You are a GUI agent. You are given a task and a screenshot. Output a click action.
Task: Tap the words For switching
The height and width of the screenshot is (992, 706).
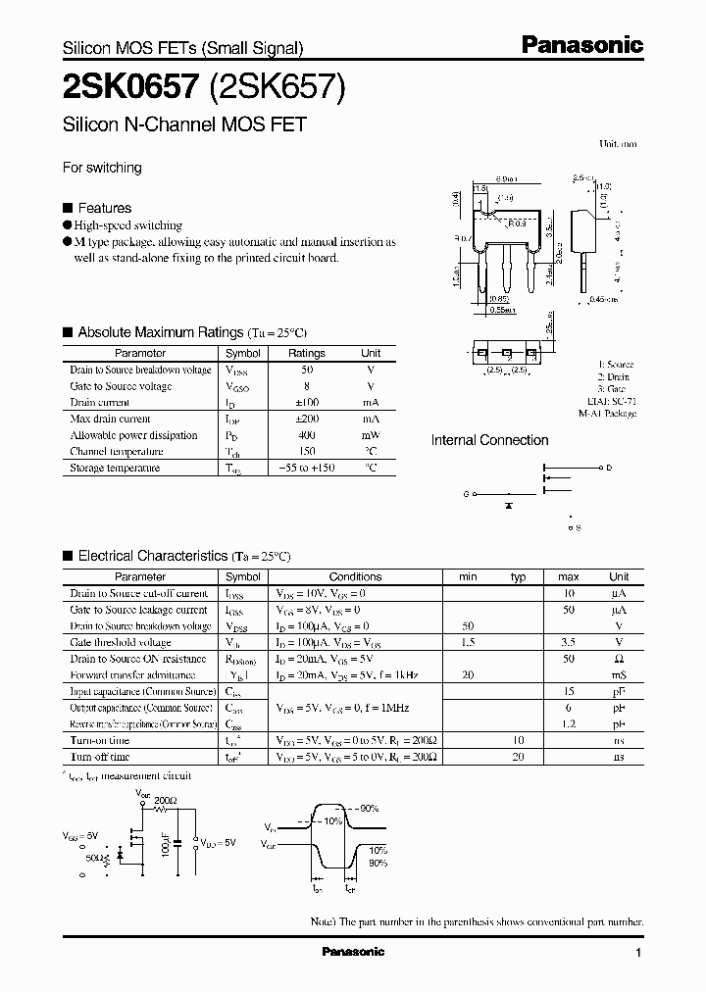(102, 168)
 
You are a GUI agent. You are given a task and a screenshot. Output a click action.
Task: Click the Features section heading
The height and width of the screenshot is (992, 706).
(104, 208)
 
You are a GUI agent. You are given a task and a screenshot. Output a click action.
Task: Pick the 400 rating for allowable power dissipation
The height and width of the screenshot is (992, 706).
(306, 435)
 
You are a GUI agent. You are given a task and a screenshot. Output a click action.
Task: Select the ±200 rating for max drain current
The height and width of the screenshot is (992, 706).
(306, 419)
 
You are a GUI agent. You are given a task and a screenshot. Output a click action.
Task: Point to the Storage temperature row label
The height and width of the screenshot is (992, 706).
(115, 469)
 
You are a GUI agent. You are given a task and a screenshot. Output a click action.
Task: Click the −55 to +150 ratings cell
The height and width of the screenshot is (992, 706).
(306, 469)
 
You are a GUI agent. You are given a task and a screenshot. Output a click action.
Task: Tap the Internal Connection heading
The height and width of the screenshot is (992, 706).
(489, 440)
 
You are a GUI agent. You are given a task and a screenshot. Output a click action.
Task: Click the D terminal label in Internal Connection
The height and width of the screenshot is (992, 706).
(608, 469)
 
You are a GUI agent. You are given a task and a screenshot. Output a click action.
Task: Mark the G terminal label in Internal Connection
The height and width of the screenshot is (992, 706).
(466, 495)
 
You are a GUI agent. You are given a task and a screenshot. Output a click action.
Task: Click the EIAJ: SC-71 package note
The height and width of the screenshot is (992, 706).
(609, 401)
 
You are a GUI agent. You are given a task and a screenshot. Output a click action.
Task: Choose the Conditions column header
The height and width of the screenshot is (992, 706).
(355, 577)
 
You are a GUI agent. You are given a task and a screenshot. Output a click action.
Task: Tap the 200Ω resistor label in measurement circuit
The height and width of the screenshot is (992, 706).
(166, 801)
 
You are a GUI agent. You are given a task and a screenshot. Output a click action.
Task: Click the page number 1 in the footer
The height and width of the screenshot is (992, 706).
(638, 953)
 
